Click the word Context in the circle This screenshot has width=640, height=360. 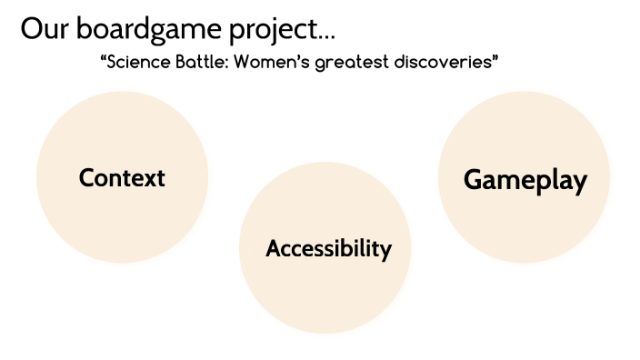click(122, 177)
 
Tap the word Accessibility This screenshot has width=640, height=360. click(329, 248)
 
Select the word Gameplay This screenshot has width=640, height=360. click(525, 179)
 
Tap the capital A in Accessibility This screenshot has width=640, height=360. click(273, 248)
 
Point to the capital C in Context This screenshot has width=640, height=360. click(86, 177)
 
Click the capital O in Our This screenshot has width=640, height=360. click(31, 28)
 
